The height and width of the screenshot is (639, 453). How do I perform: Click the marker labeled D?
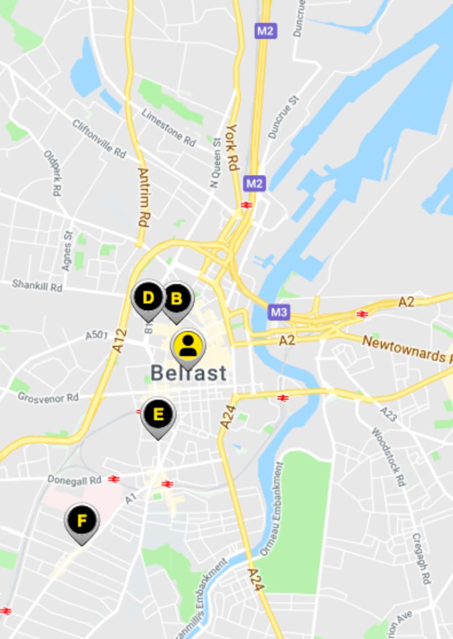pyautogui.click(x=148, y=298)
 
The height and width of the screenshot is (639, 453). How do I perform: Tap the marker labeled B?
pyautogui.click(x=177, y=298)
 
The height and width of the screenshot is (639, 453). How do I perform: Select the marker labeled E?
pyautogui.click(x=159, y=415)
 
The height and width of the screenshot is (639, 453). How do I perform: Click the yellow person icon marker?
pyautogui.click(x=188, y=346)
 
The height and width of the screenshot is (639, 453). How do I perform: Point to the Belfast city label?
pyautogui.click(x=189, y=373)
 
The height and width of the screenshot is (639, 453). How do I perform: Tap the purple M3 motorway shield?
pyautogui.click(x=279, y=312)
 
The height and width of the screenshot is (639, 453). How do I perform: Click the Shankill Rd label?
pyautogui.click(x=37, y=286)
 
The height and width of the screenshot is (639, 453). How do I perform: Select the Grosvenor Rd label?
pyautogui.click(x=48, y=398)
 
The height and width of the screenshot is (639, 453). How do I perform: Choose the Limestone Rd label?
pyautogui.click(x=169, y=128)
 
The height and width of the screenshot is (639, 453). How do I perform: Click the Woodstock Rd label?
pyautogui.click(x=389, y=456)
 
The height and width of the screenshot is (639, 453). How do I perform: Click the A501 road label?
pyautogui.click(x=96, y=336)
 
